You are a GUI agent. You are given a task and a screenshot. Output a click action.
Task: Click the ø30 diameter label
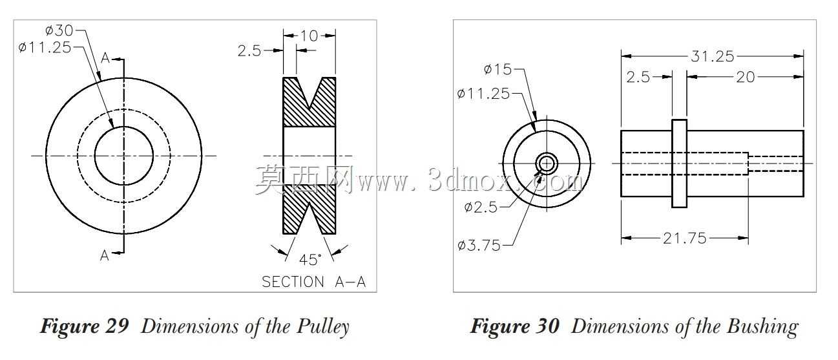[59, 30]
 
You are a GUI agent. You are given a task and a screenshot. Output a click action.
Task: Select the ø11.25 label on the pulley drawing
[45, 48]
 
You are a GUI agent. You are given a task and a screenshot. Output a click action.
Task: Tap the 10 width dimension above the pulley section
[309, 36]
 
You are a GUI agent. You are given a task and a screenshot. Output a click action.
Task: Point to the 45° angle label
[310, 259]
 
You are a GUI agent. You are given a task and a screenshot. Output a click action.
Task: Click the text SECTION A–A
[313, 282]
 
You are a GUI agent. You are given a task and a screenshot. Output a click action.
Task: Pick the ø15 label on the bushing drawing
[498, 69]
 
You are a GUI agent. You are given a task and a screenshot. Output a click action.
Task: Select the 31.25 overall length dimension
[712, 56]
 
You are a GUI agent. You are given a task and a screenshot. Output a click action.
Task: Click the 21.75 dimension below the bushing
[685, 238]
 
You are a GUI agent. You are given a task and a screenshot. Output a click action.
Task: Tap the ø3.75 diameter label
[479, 246]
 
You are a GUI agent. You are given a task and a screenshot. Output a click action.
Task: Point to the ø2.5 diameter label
[481, 207]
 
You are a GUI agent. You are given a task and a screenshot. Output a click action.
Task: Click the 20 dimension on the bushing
[746, 77]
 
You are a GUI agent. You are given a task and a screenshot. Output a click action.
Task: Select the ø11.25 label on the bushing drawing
[483, 93]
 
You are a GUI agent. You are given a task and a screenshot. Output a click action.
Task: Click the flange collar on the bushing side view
[679, 164]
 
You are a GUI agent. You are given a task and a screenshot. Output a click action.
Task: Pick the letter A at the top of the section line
[105, 58]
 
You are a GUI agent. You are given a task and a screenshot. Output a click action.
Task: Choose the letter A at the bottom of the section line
[105, 255]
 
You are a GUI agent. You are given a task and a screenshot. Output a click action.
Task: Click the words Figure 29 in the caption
[85, 326]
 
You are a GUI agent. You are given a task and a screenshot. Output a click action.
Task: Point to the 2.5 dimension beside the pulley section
[249, 50]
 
